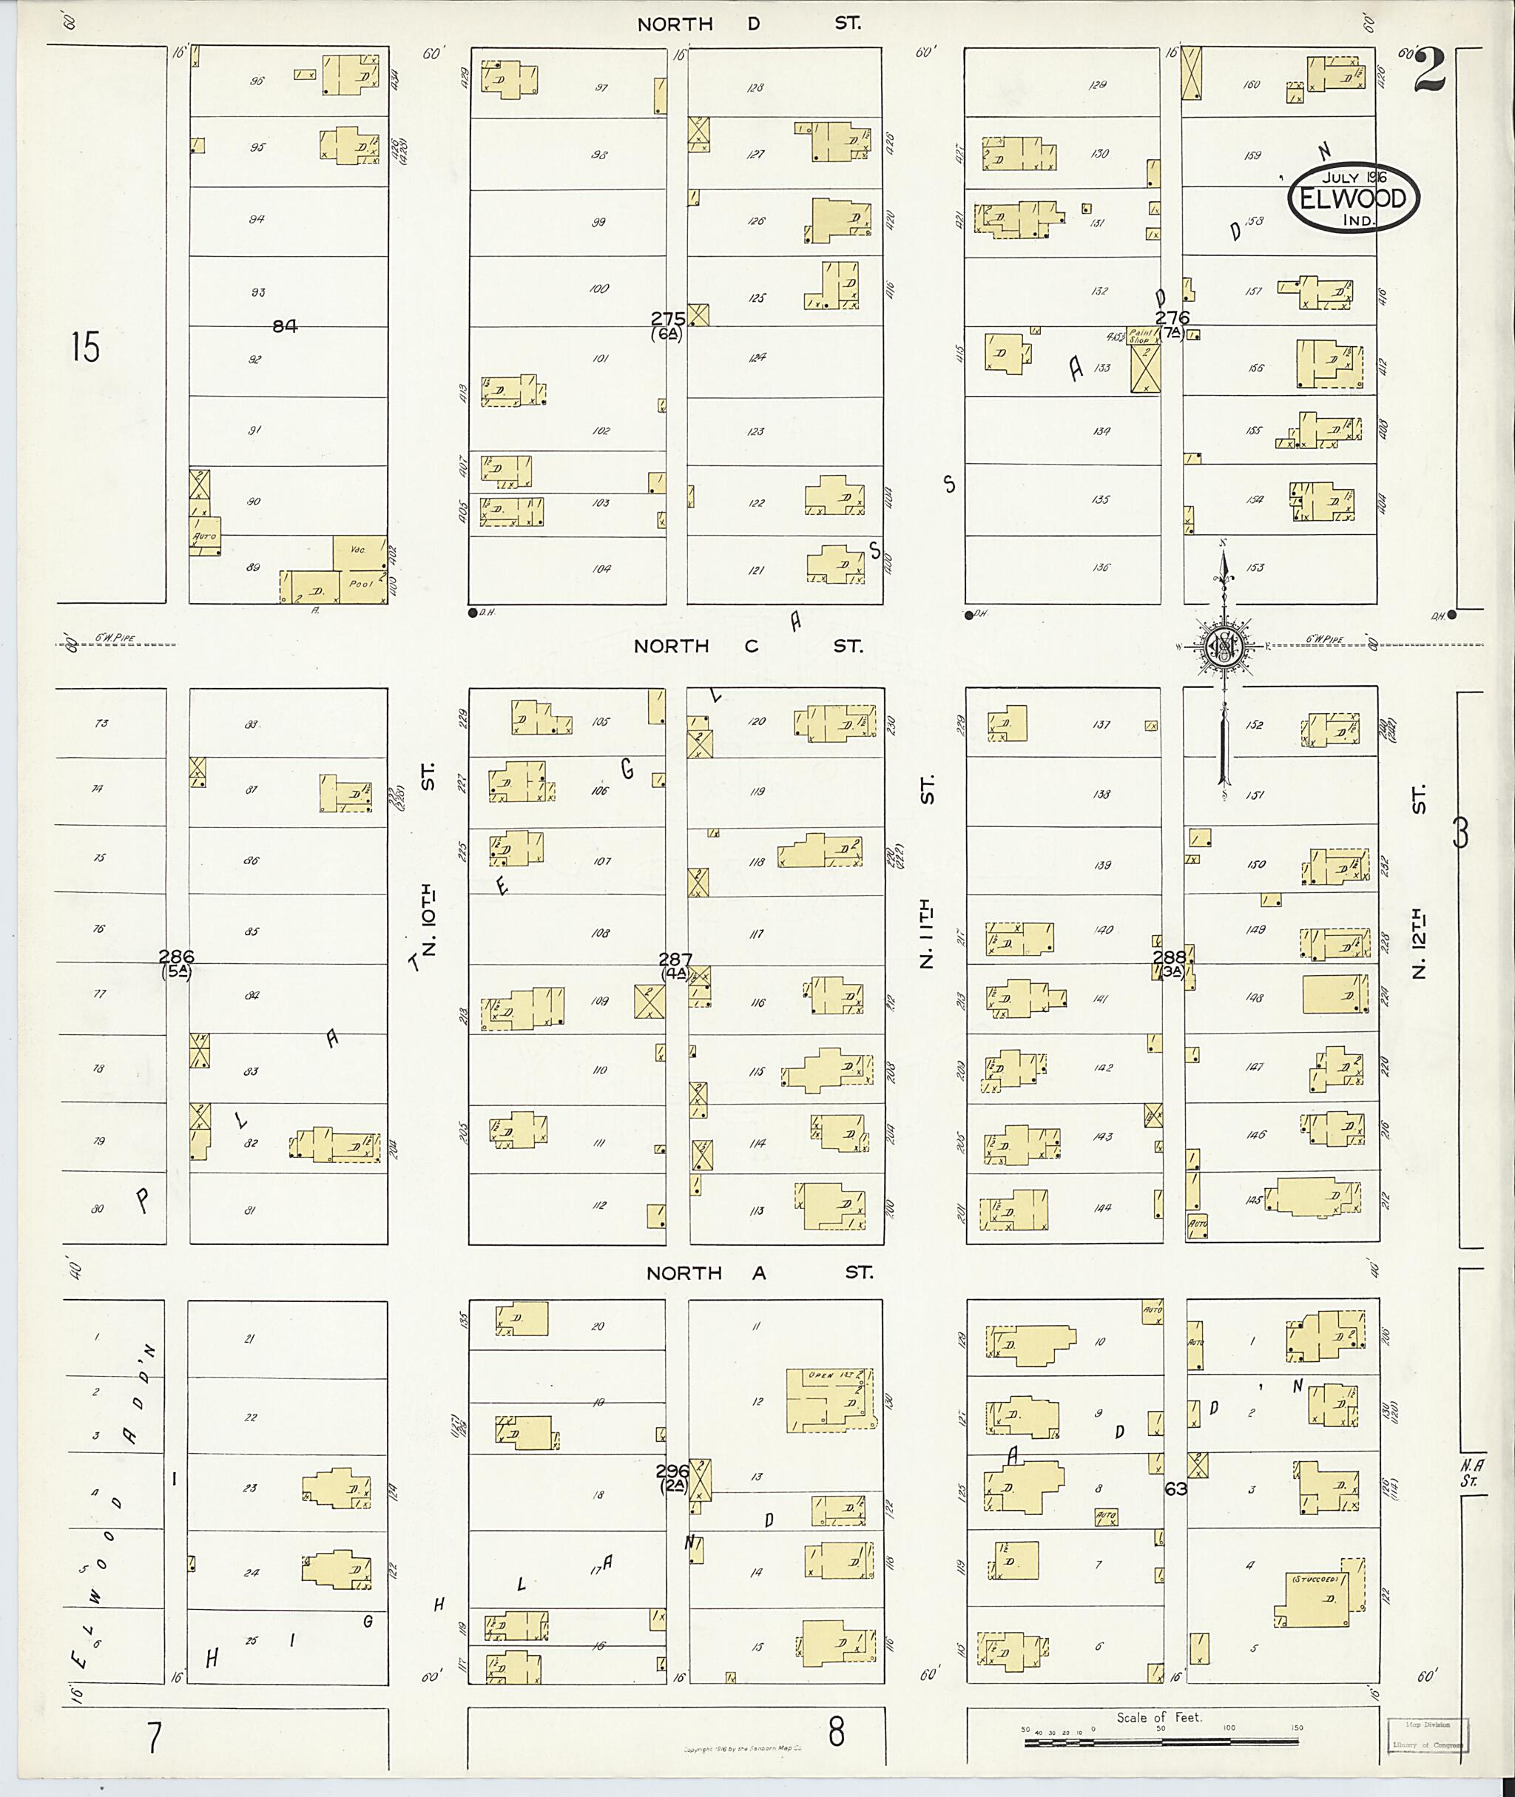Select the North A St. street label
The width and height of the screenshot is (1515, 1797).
tap(759, 1273)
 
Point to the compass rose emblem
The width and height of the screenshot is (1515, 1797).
tap(1221, 647)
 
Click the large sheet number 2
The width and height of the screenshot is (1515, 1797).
tap(1429, 70)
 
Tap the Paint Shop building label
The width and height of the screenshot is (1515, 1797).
tap(1140, 336)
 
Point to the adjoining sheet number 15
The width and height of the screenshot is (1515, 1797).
tap(86, 348)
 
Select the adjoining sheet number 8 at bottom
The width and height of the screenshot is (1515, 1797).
tap(836, 1732)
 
